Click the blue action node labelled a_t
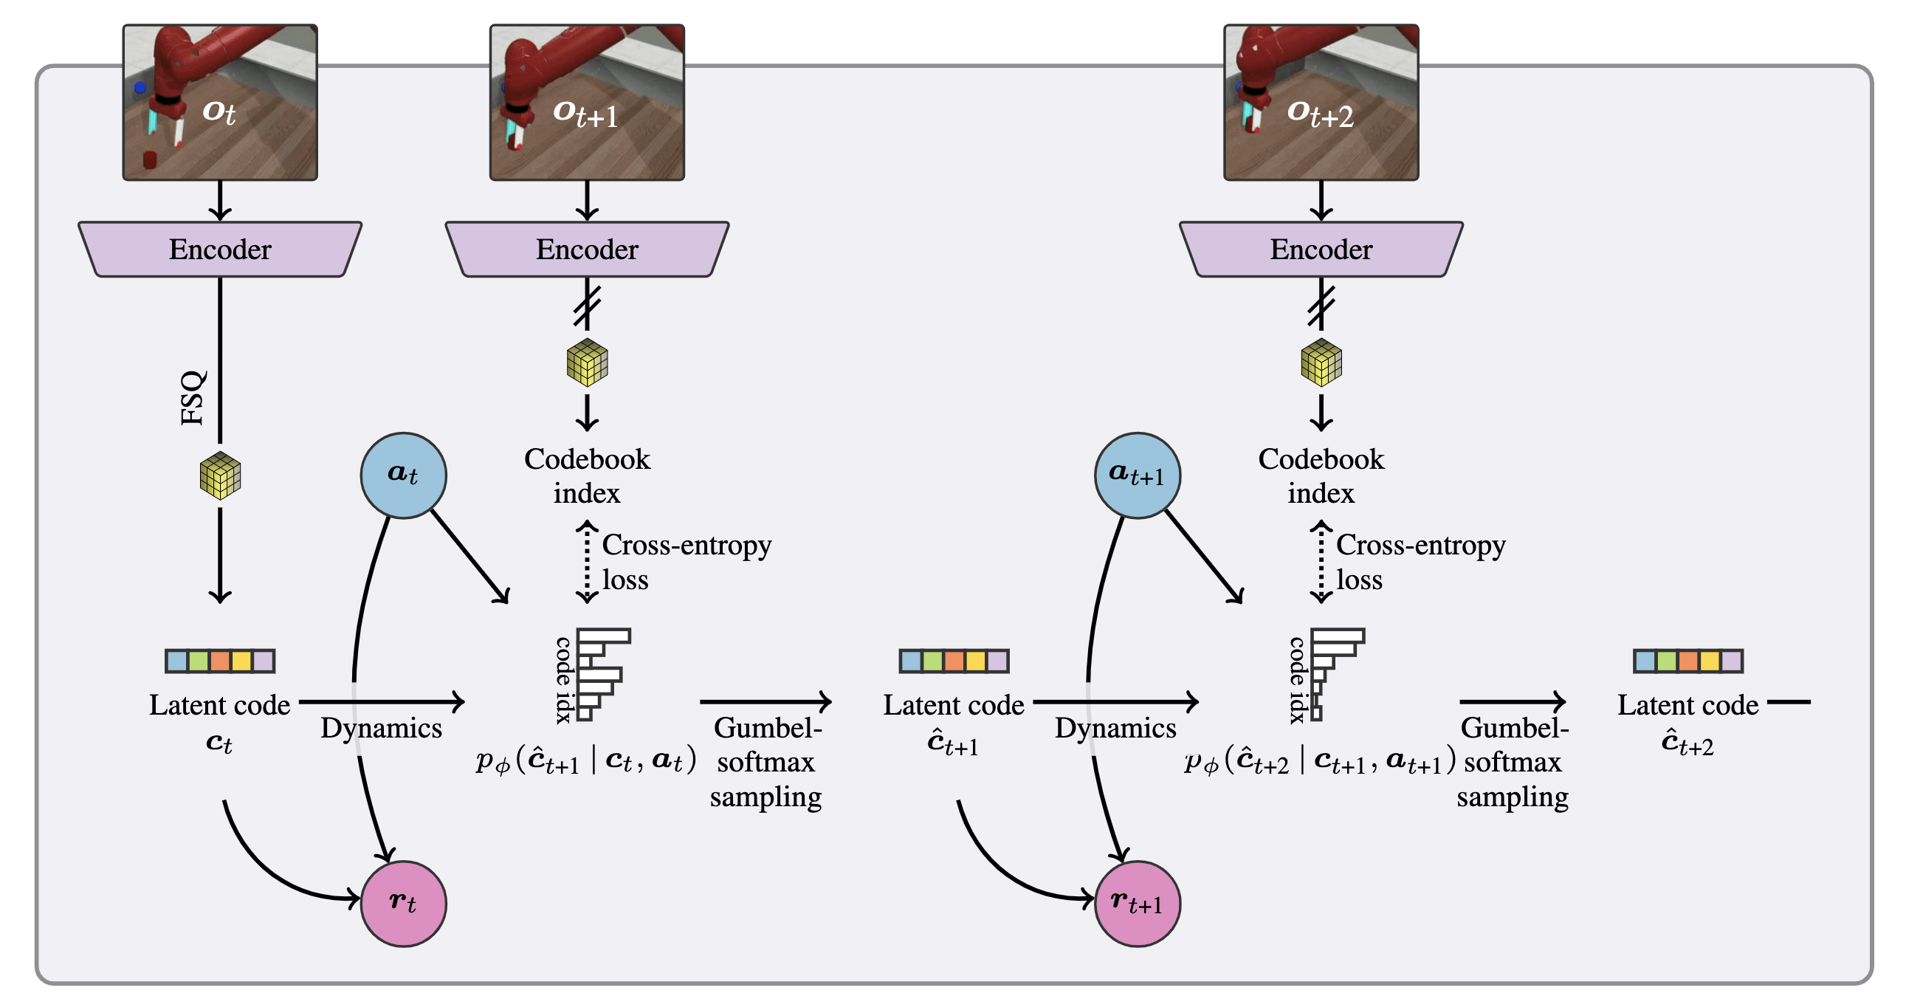[403, 475]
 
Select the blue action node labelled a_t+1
[1137, 475]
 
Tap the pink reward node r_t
[403, 903]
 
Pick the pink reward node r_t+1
[1137, 903]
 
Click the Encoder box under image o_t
[220, 250]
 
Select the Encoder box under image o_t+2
[1321, 250]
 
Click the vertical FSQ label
[193, 398]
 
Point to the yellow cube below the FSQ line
[221, 475]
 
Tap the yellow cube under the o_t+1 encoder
[587, 362]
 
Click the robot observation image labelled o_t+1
[587, 102]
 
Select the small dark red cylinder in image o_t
[150, 159]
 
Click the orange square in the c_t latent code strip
[220, 661]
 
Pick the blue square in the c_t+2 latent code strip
[1644, 661]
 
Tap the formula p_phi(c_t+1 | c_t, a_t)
[586, 760]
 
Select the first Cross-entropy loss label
[686, 562]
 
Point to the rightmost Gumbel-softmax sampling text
[1513, 762]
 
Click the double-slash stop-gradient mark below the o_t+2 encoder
[1321, 306]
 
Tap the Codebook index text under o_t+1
[587, 475]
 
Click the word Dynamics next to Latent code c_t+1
[1115, 728]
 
